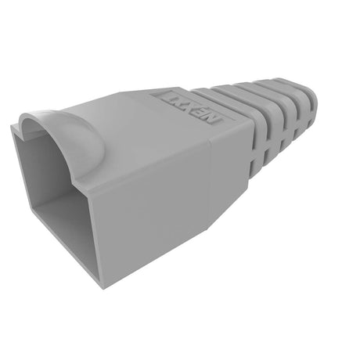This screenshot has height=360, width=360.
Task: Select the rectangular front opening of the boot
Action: pyautogui.click(x=59, y=200)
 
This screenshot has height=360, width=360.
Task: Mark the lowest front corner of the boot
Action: pyautogui.click(x=102, y=285)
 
